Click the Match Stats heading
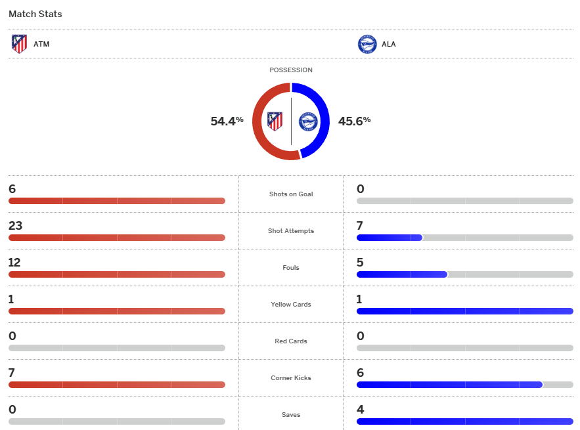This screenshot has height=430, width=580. [x=35, y=14]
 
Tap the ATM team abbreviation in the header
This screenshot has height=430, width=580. [x=41, y=45]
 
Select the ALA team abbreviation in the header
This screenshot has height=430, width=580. [x=389, y=45]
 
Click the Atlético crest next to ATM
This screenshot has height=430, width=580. [x=20, y=44]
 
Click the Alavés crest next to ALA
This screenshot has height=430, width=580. [x=367, y=45]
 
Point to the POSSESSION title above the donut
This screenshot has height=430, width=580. [x=291, y=70]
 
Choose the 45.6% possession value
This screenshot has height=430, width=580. [x=354, y=121]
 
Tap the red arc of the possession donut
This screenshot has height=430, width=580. [x=259, y=121]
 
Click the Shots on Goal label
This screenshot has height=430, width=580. [x=291, y=194]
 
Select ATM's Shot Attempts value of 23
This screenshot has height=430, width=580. [x=15, y=226]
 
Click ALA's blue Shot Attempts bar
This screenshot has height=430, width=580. [x=389, y=238]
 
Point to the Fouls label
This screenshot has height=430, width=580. [x=291, y=268]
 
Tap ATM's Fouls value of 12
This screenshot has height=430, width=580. [x=14, y=263]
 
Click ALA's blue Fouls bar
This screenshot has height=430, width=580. [x=401, y=274]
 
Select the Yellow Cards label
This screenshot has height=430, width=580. [x=291, y=305]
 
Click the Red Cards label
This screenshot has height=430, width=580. [x=291, y=341]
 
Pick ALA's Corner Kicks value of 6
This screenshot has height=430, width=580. [x=360, y=373]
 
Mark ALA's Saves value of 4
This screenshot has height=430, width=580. [x=360, y=410]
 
